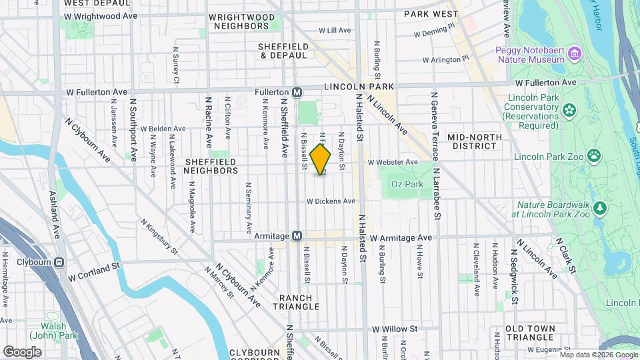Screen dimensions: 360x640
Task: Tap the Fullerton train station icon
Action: point(297,91)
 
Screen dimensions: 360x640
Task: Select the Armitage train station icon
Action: point(297,236)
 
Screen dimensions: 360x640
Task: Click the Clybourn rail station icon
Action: point(59,262)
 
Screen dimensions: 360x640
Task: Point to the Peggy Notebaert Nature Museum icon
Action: point(573,53)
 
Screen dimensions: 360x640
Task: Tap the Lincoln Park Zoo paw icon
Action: point(593,156)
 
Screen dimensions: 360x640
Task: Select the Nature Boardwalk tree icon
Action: point(601,208)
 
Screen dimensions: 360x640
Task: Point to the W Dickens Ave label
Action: point(331,201)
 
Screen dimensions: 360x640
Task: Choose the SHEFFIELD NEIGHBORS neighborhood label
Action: point(211,166)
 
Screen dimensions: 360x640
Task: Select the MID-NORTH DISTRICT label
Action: point(474,142)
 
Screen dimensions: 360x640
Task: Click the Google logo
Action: point(22,351)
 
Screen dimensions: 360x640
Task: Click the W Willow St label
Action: point(395,329)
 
